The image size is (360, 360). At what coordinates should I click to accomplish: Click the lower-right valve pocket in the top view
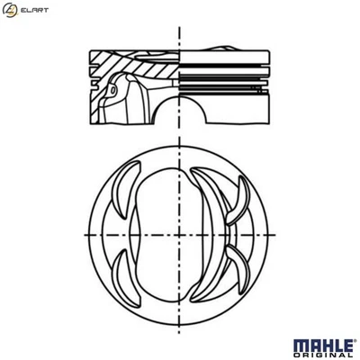click(236, 270)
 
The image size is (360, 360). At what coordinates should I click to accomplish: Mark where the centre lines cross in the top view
click(181, 231)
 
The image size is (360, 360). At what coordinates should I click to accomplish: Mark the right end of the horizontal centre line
click(279, 231)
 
